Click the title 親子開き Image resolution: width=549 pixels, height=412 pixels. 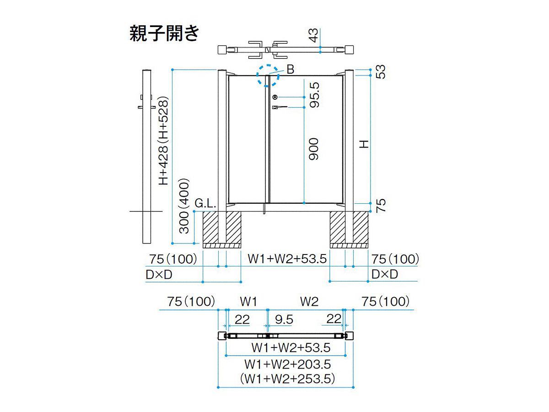(x=164, y=33)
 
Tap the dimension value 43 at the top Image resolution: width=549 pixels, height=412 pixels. (x=313, y=35)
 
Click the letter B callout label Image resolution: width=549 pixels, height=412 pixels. (x=291, y=69)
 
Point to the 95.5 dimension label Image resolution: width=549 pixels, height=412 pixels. (x=314, y=95)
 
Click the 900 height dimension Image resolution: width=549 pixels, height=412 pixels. (x=313, y=149)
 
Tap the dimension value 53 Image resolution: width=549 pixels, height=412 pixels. (x=381, y=72)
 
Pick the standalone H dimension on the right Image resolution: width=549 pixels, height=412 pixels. (x=364, y=144)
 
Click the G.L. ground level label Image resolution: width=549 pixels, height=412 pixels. (x=205, y=204)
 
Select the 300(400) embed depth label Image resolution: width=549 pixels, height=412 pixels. (x=184, y=206)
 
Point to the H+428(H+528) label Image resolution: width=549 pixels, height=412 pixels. (x=164, y=141)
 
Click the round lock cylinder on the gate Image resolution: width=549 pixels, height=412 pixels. (x=275, y=97)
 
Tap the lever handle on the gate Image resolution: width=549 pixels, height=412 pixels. (x=280, y=107)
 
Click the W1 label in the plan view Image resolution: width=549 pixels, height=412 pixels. (x=248, y=302)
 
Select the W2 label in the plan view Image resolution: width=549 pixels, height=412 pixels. (x=309, y=302)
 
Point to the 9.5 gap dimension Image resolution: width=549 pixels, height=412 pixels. (x=284, y=320)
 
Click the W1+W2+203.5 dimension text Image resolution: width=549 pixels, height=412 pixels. (x=287, y=364)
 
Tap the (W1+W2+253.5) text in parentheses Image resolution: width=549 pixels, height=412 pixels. (x=287, y=379)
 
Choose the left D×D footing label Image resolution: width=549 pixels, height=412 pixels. (x=159, y=275)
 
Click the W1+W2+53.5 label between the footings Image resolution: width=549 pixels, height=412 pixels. (x=287, y=259)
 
